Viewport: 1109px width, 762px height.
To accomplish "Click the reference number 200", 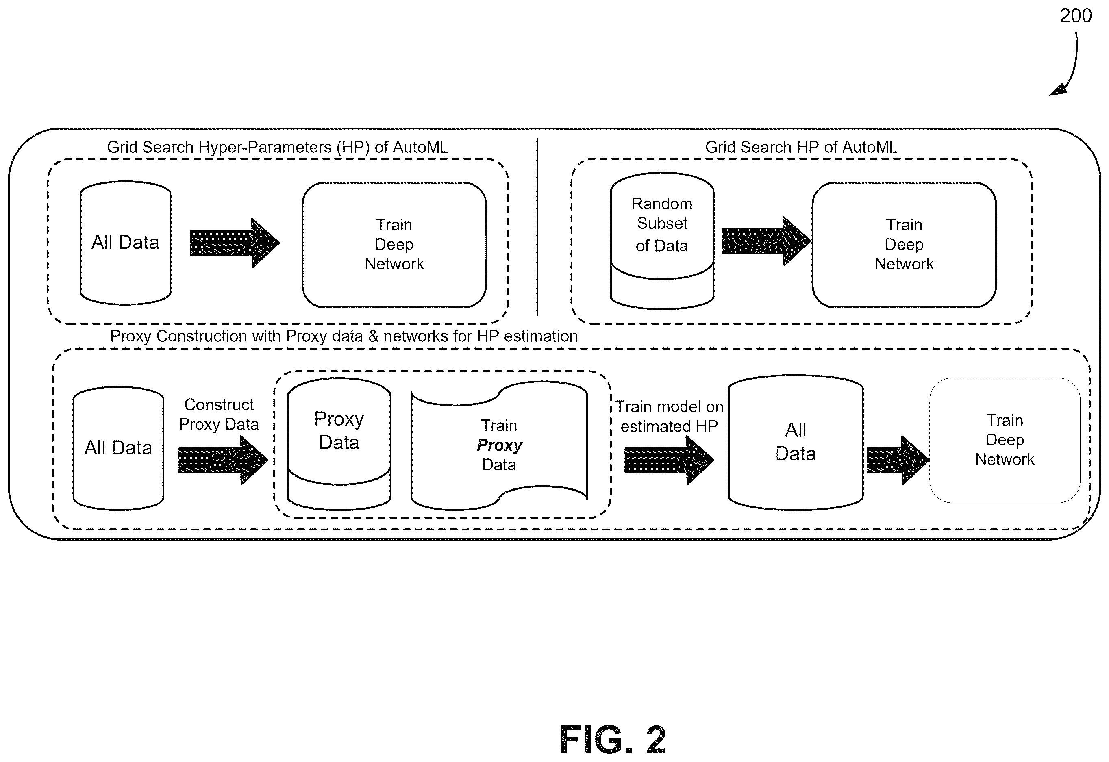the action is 1076,16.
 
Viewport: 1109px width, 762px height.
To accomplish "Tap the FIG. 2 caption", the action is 613,740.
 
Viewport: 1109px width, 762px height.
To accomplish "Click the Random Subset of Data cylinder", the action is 662,240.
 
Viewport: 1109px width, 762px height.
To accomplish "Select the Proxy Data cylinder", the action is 339,444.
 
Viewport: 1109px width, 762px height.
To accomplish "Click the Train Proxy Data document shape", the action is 499,445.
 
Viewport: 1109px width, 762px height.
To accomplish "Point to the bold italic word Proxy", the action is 499,445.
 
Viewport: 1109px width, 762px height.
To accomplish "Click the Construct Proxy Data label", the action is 219,415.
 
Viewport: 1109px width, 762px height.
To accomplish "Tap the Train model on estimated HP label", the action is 669,416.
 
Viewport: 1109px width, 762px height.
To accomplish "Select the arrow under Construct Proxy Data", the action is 223,461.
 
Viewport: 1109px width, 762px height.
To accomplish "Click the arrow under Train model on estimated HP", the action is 669,461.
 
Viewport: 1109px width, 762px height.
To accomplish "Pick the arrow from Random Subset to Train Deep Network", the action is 766,241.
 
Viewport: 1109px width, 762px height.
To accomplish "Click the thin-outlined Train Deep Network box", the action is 1005,440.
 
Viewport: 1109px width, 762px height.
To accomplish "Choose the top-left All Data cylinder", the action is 125,243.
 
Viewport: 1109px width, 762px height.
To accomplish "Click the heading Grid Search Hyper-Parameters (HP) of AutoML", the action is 278,147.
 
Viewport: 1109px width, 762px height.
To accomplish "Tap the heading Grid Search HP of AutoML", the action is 801,147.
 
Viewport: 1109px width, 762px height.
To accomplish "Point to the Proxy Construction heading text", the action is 344,336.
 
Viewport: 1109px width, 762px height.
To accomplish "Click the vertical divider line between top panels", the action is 537,227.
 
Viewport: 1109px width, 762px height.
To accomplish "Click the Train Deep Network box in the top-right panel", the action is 904,245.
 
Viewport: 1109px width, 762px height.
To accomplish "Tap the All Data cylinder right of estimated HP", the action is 796,442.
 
